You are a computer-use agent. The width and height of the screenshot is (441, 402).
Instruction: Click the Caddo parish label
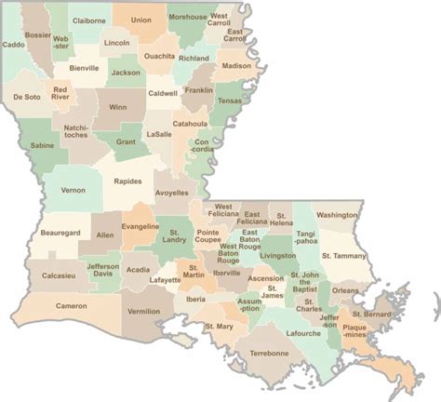point(14,44)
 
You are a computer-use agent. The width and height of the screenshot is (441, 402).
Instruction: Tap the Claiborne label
point(88,19)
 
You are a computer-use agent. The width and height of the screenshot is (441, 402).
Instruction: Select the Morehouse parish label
point(187,17)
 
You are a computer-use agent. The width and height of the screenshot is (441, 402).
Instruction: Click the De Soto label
point(26,97)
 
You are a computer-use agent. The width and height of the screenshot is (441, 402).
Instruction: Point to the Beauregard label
point(60,231)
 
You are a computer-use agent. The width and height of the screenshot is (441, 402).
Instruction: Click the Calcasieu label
point(59,275)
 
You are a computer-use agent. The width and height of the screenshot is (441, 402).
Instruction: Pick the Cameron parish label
point(71,306)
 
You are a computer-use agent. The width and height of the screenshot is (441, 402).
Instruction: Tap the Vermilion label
point(143,312)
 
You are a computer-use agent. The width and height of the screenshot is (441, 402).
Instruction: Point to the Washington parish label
point(337,215)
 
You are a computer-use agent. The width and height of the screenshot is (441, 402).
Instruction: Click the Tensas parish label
point(229,100)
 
